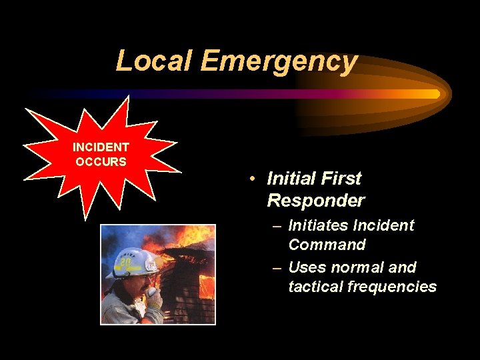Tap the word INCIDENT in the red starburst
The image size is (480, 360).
pos(101,147)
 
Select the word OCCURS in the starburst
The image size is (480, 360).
pos(101,162)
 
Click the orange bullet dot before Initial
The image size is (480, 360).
pos(253,179)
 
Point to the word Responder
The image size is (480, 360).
pos(315,201)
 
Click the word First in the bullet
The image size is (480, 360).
pos(341,179)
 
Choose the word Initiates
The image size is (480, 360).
pos(317,225)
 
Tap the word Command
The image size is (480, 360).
pos(327,245)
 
